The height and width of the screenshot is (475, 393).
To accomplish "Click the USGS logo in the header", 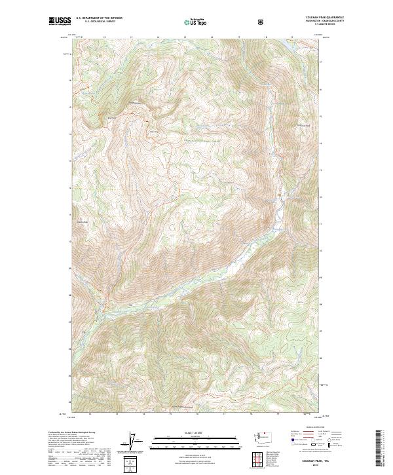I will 60,22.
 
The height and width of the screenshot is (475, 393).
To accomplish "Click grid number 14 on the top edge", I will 158,37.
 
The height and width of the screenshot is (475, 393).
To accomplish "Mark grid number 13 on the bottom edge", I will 116,414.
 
